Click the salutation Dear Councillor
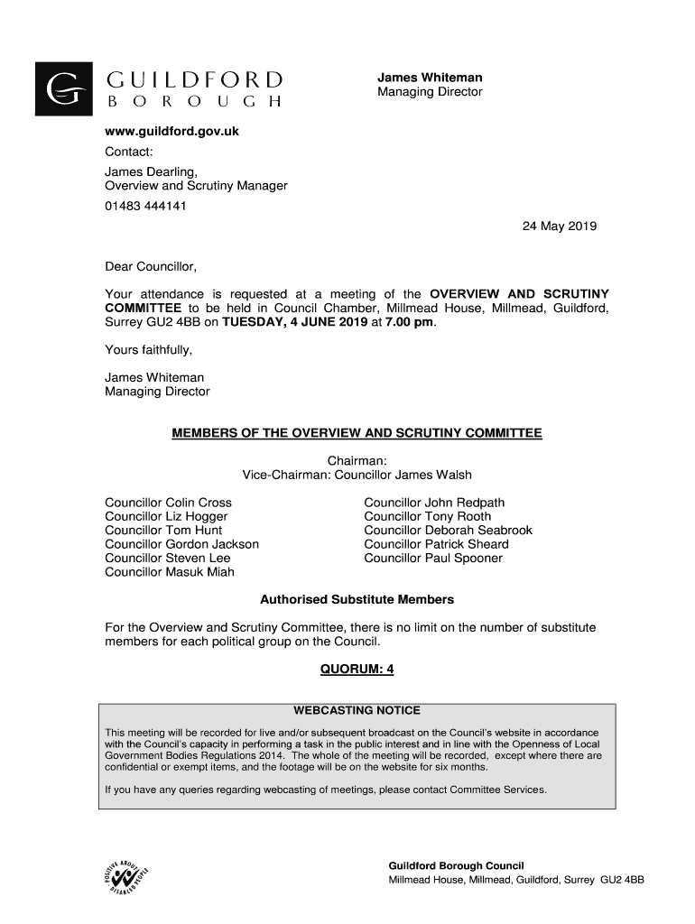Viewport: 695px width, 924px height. pos(151,267)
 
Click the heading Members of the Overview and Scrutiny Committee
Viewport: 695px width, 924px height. pos(357,433)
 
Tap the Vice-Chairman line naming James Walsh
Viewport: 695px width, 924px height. pos(357,475)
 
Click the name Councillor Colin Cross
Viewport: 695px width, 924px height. pos(168,503)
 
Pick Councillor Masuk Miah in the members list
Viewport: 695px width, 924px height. pos(170,572)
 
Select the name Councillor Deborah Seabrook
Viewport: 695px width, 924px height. pos(448,531)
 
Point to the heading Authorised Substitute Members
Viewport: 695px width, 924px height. pos(357,599)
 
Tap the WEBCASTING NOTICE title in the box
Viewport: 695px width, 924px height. pos(357,710)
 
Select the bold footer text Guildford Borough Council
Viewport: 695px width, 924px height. pos(456,864)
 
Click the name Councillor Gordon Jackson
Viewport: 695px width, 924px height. pos(181,544)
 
